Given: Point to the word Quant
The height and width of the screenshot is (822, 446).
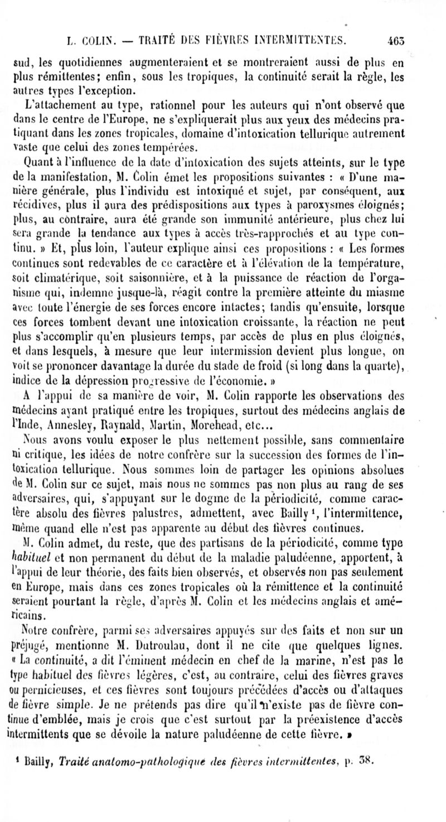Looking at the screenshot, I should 37,162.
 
